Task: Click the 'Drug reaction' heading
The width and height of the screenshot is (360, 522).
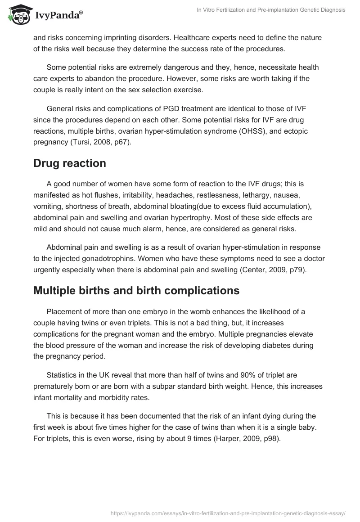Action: point(70,163)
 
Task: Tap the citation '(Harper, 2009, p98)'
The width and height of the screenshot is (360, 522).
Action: point(246,439)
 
